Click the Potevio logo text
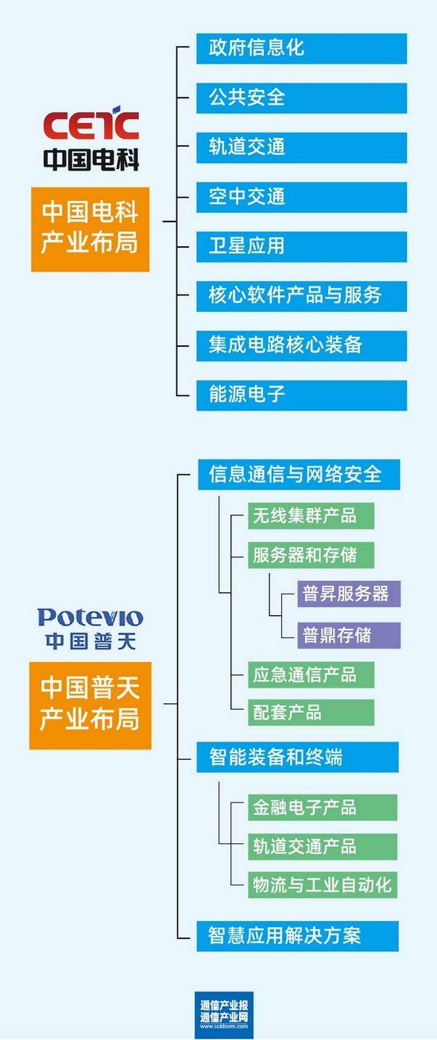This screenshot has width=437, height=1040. (x=91, y=617)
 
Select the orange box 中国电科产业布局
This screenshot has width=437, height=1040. (x=91, y=229)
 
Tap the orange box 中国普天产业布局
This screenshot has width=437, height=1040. (x=91, y=705)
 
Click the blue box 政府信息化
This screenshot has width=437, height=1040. (x=301, y=48)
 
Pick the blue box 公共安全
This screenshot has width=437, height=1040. (x=301, y=98)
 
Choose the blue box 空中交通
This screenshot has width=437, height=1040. (x=301, y=198)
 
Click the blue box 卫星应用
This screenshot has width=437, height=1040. (x=301, y=247)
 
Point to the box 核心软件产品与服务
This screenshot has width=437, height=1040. (x=301, y=296)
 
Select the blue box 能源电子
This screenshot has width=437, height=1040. (x=301, y=395)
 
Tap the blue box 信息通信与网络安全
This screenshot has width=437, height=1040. (x=299, y=475)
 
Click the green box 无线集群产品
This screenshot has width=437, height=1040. (x=311, y=515)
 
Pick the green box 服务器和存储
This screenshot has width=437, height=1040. (x=311, y=555)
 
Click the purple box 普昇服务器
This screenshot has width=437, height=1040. (x=349, y=594)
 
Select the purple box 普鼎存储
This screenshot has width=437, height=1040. (x=349, y=635)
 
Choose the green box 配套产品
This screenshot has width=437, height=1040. (x=311, y=712)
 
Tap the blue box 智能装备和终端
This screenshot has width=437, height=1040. (x=297, y=757)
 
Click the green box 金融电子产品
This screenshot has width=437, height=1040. (x=323, y=807)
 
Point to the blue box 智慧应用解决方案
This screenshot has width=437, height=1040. (x=297, y=936)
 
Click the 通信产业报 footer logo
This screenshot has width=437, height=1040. (x=224, y=1013)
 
